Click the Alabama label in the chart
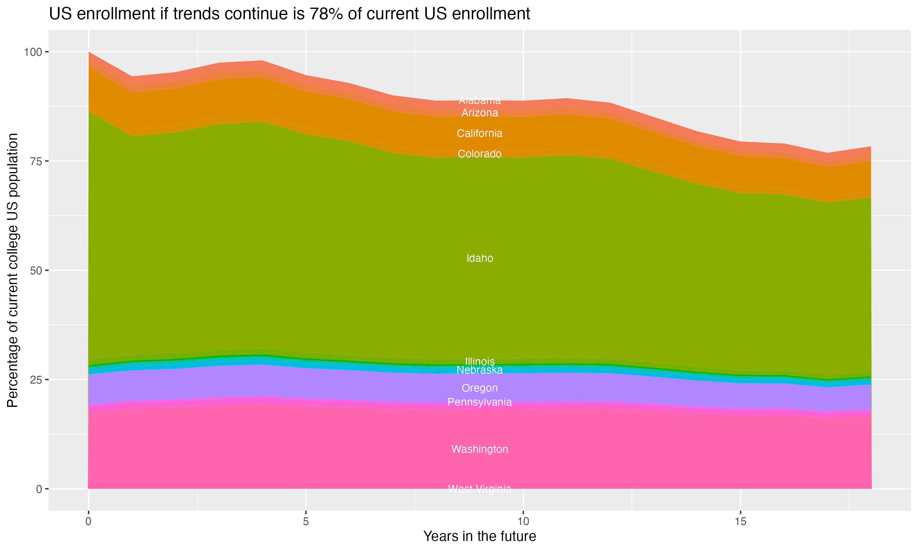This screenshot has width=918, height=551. (x=480, y=100)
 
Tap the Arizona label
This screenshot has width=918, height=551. (x=480, y=113)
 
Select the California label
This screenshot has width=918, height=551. (x=480, y=133)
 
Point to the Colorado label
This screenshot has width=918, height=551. (x=480, y=154)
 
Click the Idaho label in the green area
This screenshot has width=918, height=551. (x=480, y=258)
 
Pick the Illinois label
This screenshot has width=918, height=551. (x=480, y=361)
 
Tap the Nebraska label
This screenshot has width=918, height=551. (x=480, y=370)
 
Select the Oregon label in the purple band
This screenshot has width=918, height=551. (x=480, y=388)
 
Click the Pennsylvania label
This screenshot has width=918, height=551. (x=480, y=402)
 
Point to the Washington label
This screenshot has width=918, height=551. (x=480, y=449)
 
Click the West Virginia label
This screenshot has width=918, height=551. (x=480, y=489)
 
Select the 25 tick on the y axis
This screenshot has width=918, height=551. (x=36, y=380)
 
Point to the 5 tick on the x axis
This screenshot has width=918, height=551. (x=306, y=522)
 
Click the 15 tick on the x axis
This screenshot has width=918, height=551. (x=740, y=522)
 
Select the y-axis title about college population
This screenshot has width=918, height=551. (x=13, y=270)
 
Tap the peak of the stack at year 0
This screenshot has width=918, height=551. (x=89, y=52)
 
